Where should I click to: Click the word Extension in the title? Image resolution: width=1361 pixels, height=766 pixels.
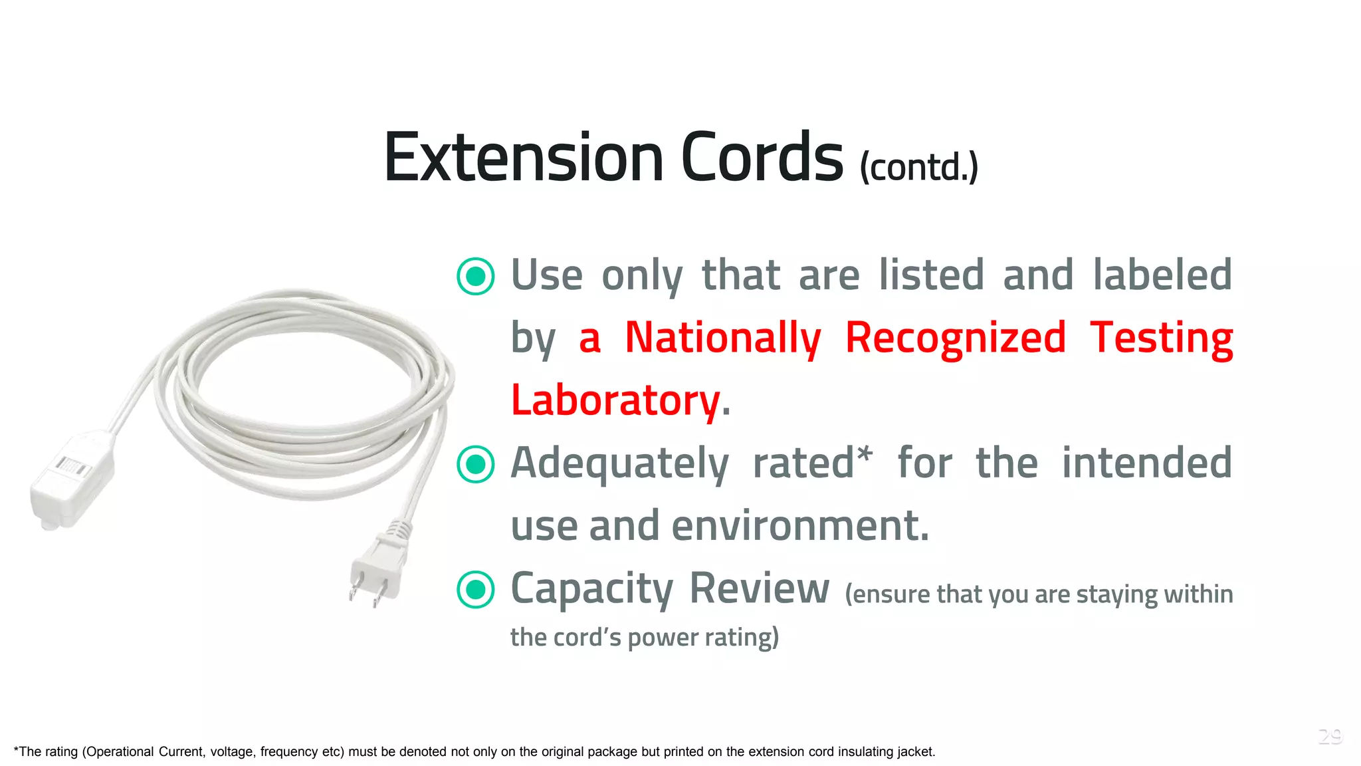pyautogui.click(x=524, y=158)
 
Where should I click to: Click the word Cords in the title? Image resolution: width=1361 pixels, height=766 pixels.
pyautogui.click(x=762, y=158)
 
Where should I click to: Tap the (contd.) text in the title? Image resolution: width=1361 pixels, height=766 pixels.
pyautogui.click(x=919, y=167)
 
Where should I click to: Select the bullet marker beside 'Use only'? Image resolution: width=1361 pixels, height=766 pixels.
pyautogui.click(x=476, y=276)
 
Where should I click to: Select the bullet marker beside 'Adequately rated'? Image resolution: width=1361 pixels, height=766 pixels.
pyautogui.click(x=476, y=464)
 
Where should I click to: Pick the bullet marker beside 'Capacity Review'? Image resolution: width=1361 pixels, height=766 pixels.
pyautogui.click(x=476, y=590)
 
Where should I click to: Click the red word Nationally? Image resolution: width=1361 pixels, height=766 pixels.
pyautogui.click(x=723, y=338)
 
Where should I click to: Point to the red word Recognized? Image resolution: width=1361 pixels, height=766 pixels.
pyautogui.click(x=956, y=338)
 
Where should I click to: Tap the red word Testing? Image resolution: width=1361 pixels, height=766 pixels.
pyautogui.click(x=1161, y=338)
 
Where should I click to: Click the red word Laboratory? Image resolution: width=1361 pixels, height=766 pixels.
pyautogui.click(x=615, y=400)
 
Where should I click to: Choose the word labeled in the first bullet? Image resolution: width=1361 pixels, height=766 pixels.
pyautogui.click(x=1163, y=275)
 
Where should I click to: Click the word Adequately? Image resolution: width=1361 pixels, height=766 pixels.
pyautogui.click(x=619, y=463)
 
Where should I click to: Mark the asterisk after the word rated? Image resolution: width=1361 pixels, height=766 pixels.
pyautogui.click(x=864, y=454)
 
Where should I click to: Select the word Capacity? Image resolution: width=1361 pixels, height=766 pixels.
pyautogui.click(x=591, y=589)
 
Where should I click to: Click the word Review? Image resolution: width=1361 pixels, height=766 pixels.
pyautogui.click(x=759, y=588)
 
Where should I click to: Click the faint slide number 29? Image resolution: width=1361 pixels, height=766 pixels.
pyautogui.click(x=1330, y=736)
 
